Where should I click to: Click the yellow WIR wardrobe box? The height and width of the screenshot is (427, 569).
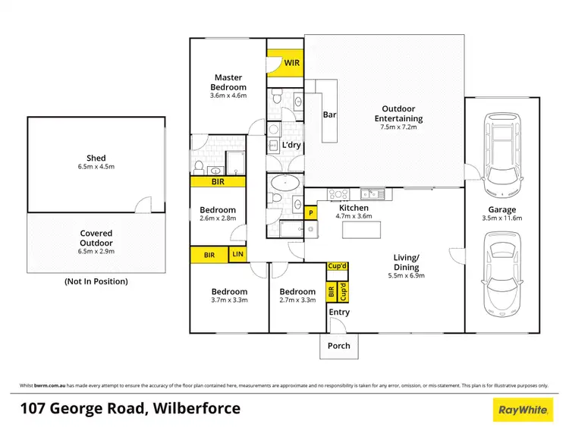tap(285, 63)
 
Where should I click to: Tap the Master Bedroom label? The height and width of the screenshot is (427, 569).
tap(229, 82)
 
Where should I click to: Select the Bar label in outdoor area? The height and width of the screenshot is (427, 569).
tap(329, 115)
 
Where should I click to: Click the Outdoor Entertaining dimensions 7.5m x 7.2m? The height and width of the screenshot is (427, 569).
tap(398, 127)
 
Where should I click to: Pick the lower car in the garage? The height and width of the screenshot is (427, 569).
tap(501, 265)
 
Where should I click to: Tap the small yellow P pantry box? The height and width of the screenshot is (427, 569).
tap(310, 214)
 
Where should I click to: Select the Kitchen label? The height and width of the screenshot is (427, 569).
tap(354, 208)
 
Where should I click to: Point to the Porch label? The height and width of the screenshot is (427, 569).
tap(338, 346)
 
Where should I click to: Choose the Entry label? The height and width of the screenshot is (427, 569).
tap(338, 312)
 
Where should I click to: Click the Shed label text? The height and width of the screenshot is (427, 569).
tap(96, 159)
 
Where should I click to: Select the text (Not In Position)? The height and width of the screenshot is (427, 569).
tap(96, 281)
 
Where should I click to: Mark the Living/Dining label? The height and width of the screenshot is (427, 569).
tap(409, 262)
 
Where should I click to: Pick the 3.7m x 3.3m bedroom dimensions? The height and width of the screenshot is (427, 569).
tap(229, 300)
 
